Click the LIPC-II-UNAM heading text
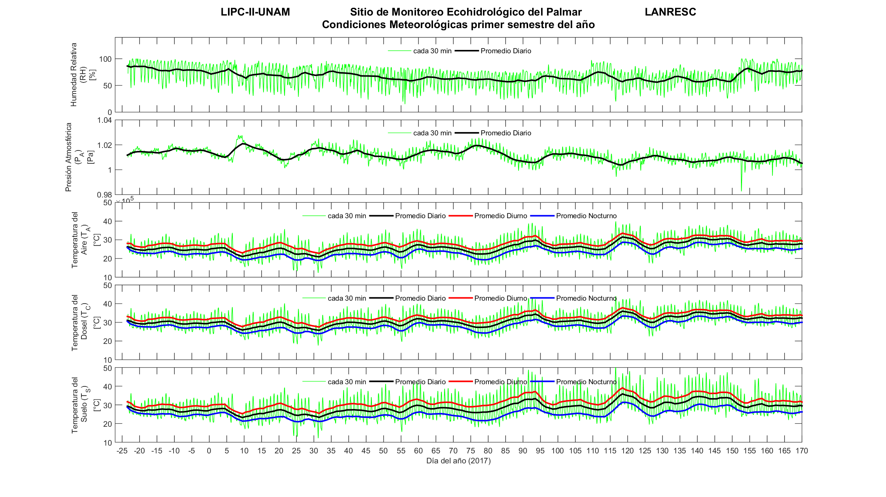pos(255,12)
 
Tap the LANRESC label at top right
pos(670,12)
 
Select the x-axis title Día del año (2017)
pos(458,461)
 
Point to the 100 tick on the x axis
pos(557,451)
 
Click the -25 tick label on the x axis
pos(122,451)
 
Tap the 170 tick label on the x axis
pos(802,451)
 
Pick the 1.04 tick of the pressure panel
pos(104,120)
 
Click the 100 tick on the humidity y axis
pos(105,59)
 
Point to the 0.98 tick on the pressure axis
pos(104,195)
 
